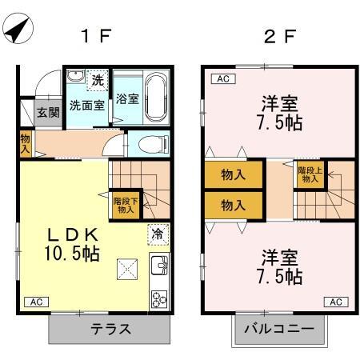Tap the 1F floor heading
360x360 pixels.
click(x=96, y=36)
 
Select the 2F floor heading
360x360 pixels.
click(x=280, y=36)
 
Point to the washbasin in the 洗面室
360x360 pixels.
click(x=76, y=76)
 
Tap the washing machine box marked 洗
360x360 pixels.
click(x=98, y=80)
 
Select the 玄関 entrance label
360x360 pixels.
click(x=48, y=112)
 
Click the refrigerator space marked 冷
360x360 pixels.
click(x=158, y=234)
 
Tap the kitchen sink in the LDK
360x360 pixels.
click(x=159, y=265)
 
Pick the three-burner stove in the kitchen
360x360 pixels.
click(x=159, y=299)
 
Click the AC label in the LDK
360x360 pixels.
click(x=37, y=302)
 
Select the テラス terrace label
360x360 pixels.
click(x=110, y=329)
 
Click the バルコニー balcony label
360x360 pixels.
click(x=279, y=329)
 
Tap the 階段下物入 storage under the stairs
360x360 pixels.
click(x=126, y=205)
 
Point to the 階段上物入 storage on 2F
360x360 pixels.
click(x=310, y=174)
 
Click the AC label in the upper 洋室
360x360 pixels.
click(x=223, y=79)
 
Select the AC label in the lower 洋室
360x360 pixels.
click(x=336, y=302)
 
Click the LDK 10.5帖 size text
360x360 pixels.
click(x=72, y=244)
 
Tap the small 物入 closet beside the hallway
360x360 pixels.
click(x=26, y=143)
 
